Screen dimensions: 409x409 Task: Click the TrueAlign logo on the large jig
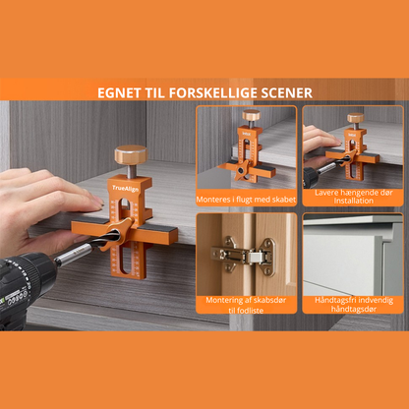126,189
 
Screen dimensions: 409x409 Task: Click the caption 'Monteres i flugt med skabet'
246,200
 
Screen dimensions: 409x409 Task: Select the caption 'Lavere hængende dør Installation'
353,197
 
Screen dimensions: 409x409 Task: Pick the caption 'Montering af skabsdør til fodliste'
246,305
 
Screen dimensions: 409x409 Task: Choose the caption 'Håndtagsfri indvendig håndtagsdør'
354,305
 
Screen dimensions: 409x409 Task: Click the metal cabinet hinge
243,256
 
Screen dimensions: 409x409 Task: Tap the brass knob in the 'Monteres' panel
251,115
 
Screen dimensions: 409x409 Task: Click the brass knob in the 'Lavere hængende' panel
356,118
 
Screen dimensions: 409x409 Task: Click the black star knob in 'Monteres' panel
241,170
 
